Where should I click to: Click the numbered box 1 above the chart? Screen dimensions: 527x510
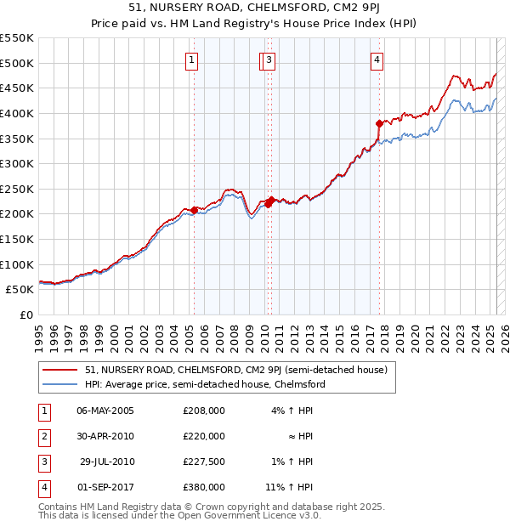tap(193, 59)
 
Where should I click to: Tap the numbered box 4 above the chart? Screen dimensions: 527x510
tap(377, 59)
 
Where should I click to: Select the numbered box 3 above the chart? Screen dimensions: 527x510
tap(268, 59)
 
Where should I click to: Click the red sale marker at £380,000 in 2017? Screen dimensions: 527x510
tap(379, 123)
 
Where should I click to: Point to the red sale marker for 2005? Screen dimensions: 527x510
tap(194, 210)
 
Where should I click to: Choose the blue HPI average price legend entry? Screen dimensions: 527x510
tap(205, 384)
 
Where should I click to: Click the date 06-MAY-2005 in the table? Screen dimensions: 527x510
tap(105, 411)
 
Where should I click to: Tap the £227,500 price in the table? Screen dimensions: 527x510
tap(203, 462)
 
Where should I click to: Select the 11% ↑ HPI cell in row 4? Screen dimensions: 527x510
tap(289, 487)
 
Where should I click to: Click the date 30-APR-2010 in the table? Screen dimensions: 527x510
tap(105, 436)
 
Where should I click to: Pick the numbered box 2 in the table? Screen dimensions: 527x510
tap(42, 436)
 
